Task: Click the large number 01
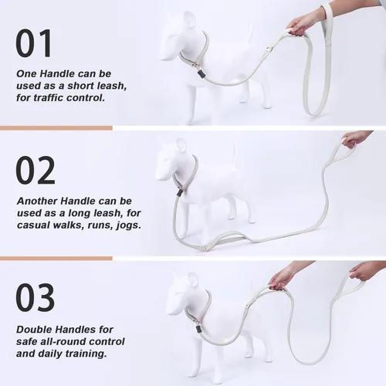(34, 43)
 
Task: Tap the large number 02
(36, 171)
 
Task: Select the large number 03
(36, 297)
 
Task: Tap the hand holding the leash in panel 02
(357, 141)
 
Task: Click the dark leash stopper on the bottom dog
(198, 329)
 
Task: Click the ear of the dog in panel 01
(191, 22)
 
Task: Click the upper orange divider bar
(56, 128)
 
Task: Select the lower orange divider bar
(56, 258)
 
